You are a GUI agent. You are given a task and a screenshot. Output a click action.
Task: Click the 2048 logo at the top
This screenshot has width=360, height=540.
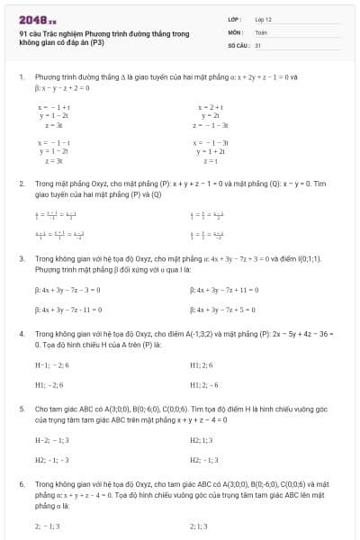[36, 18]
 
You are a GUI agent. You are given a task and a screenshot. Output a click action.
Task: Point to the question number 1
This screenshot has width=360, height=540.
[21, 77]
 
